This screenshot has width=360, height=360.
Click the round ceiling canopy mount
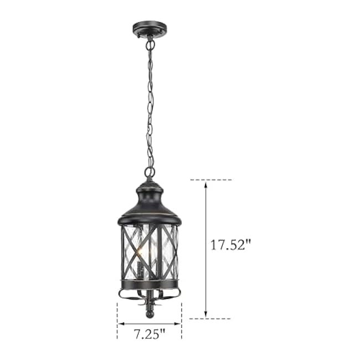coord(150,28)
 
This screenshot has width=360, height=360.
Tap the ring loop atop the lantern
coord(150,172)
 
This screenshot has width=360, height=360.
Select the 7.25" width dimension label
coord(149,334)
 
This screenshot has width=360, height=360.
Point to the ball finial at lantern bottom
coord(150,313)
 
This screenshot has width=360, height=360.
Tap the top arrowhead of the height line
coord(206,184)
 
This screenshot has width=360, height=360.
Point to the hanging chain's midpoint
coord(150,102)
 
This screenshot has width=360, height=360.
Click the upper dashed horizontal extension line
coord(210,180)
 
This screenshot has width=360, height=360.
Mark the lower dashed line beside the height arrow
coord(210,318)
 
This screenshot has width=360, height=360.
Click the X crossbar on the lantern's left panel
coord(132,252)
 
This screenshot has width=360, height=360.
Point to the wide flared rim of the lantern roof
coord(150,220)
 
